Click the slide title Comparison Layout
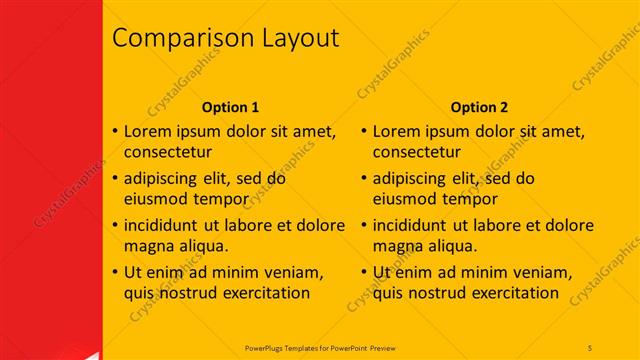tap(225, 39)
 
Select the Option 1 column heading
tap(230, 107)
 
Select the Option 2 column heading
tap(479, 107)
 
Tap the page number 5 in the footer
tap(590, 346)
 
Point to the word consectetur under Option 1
tap(168, 153)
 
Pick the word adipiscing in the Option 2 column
tap(410, 178)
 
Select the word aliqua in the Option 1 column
tap(201, 246)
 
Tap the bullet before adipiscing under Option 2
tap(364, 178)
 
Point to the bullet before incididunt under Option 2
tap(364, 225)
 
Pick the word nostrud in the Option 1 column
tap(187, 293)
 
